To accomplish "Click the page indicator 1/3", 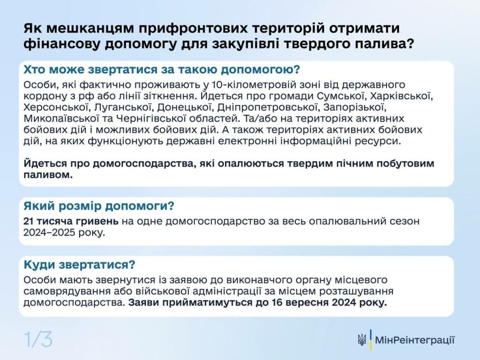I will coord(38,339).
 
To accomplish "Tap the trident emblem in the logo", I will coord(361,340).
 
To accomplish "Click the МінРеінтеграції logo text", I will coord(414,340).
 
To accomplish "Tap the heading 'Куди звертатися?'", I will coord(79,264).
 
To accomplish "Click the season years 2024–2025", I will coord(52,232).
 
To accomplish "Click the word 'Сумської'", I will coord(341,97).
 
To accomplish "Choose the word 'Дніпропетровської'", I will coord(265,108).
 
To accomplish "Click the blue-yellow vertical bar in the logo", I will coord(371,340).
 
